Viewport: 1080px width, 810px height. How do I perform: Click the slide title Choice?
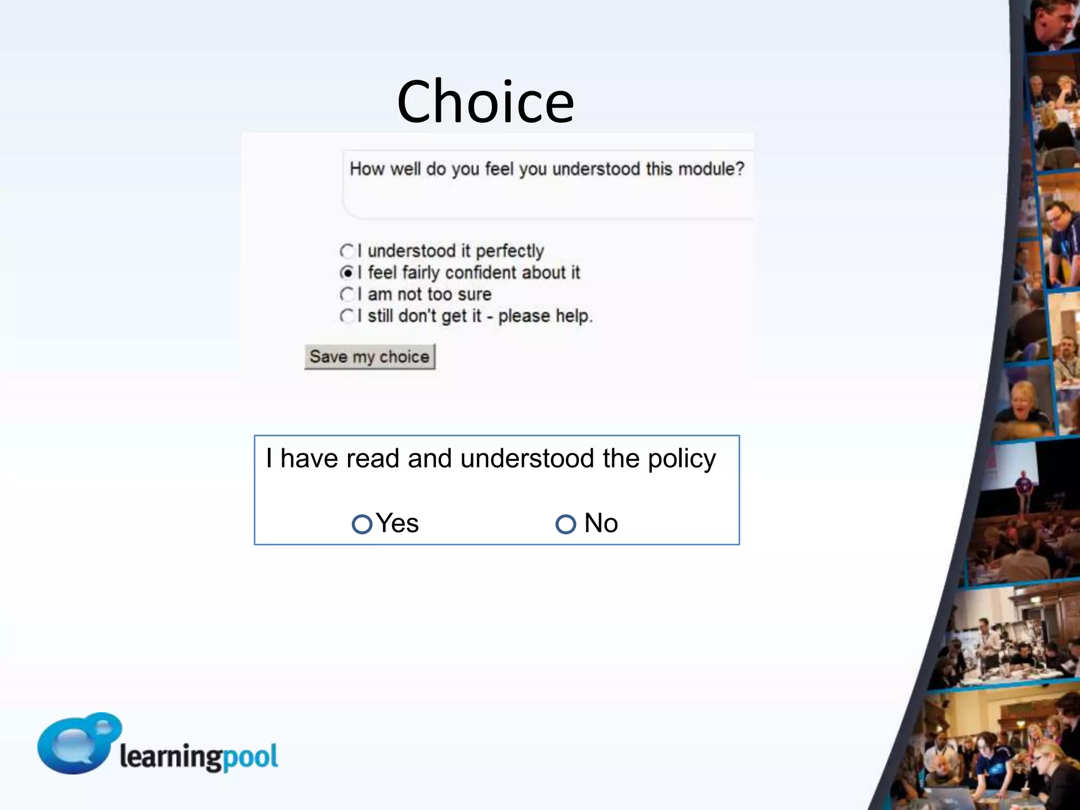point(485,102)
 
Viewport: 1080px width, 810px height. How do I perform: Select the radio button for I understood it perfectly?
point(347,250)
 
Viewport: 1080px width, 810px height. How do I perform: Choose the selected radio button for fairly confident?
point(347,273)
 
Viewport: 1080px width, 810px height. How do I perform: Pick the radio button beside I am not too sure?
point(347,294)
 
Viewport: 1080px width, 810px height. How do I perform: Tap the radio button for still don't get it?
point(347,316)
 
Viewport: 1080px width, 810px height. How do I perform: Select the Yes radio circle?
point(362,524)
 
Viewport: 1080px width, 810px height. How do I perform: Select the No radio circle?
point(566,524)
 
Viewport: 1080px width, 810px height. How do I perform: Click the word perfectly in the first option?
point(509,251)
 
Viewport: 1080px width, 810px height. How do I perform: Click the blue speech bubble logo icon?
point(76,742)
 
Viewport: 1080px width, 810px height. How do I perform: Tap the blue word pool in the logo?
point(250,757)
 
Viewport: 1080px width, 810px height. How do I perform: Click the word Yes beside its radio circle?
point(398,523)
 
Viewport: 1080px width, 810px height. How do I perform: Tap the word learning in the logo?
point(171,757)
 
